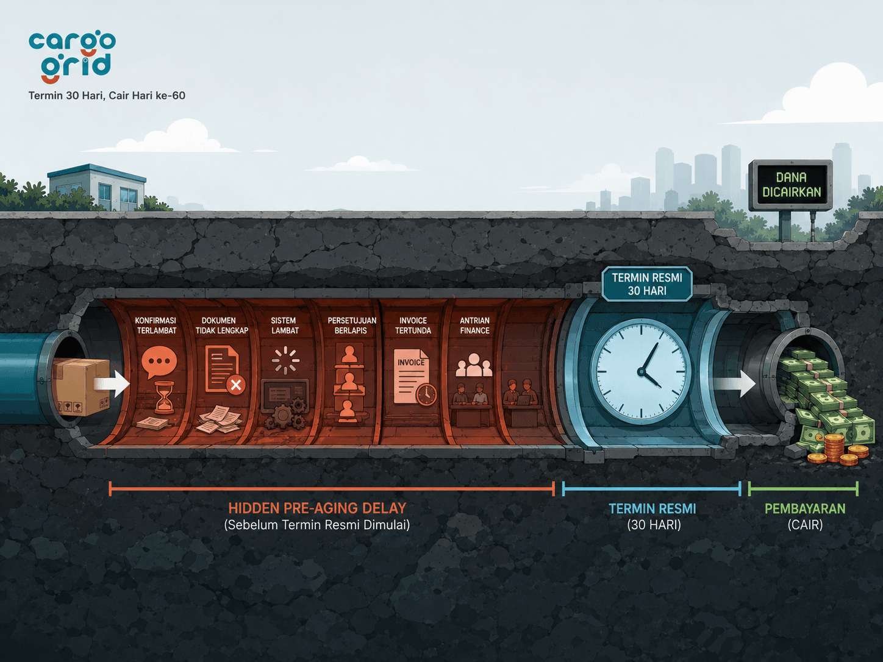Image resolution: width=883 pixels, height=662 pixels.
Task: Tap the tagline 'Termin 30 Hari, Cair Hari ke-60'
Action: point(107,96)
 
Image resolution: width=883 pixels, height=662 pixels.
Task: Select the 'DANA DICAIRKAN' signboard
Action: point(791,185)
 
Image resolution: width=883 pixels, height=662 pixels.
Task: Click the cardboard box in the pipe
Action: point(81,386)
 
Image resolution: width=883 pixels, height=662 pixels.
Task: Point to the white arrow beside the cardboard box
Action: point(112,383)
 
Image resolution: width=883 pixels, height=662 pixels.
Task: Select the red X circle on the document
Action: point(236,385)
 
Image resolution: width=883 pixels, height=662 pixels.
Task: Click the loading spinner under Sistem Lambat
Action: point(285,360)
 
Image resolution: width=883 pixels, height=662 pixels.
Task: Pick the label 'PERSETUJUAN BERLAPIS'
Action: point(352,326)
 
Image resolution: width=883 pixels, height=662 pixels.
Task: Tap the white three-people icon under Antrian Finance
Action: point(474,365)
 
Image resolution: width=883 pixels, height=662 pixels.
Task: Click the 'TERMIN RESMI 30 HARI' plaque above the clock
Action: point(647,284)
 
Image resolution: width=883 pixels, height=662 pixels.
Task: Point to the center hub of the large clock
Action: point(641,371)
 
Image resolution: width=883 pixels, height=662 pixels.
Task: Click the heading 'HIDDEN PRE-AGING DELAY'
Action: point(317,508)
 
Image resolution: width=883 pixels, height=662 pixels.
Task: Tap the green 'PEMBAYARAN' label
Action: point(804,509)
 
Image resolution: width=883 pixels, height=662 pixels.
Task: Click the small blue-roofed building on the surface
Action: point(96,187)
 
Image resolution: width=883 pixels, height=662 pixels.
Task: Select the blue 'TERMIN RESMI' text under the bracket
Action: point(652,509)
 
